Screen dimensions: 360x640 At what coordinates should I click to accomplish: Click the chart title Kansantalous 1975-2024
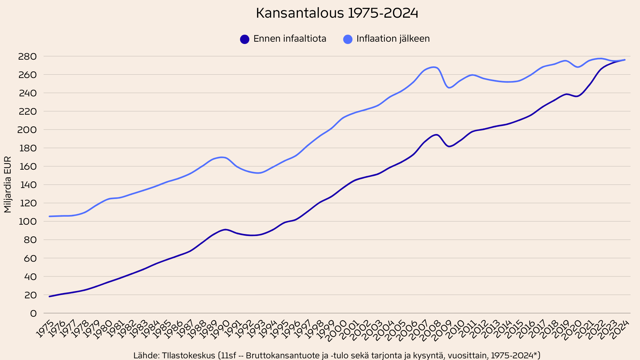pos(337,13)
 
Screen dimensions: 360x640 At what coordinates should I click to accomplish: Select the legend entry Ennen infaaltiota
pos(290,39)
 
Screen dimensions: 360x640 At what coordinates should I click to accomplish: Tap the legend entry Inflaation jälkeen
pos(393,39)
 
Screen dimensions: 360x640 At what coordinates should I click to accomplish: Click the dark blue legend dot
pos(245,39)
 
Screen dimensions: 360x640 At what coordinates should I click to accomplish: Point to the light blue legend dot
pos(348,39)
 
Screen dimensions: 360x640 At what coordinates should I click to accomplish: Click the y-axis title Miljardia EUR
pos(8,184)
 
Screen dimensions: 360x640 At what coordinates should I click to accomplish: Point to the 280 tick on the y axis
pos(27,57)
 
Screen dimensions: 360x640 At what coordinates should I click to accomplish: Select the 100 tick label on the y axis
pos(27,222)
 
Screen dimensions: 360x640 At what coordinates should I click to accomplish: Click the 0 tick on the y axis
pos(33,314)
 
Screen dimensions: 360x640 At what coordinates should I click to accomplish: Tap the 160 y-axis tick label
pos(27,167)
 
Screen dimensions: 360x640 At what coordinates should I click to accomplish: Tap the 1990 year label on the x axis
pos(221,329)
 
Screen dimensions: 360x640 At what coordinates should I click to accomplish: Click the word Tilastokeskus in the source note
pos(188,355)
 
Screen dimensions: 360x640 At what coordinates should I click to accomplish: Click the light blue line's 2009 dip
pos(449,88)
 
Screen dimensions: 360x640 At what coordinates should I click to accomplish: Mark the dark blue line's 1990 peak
pos(226,229)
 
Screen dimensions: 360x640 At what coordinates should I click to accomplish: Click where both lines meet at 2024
pos(625,60)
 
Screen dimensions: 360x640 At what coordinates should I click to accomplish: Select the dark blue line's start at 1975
pos(49,296)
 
